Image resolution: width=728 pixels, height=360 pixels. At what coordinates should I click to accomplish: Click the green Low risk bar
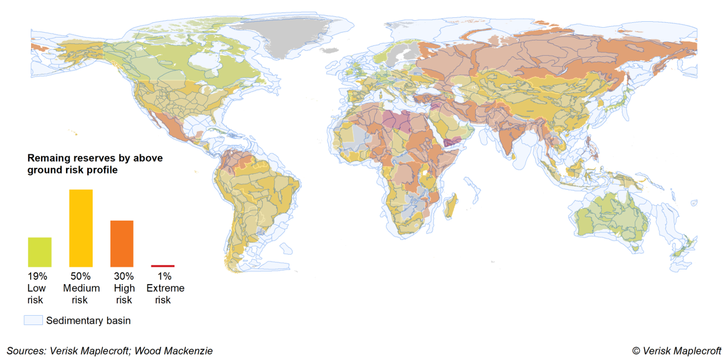(40, 251)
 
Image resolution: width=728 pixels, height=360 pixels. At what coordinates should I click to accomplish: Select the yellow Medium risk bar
(81, 228)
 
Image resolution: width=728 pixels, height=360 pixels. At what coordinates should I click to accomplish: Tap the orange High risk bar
(122, 243)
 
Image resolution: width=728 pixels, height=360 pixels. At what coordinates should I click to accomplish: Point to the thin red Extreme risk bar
(163, 266)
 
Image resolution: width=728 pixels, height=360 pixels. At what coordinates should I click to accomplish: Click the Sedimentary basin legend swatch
(33, 320)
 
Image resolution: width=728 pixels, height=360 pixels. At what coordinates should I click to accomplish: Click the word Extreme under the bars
(166, 288)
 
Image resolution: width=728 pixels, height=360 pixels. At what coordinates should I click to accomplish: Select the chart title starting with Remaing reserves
(95, 164)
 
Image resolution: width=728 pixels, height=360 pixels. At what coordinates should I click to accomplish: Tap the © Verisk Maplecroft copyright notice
(676, 351)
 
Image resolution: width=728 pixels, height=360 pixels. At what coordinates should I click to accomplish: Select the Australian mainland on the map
(611, 218)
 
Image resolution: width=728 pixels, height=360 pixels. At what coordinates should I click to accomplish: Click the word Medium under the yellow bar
(81, 288)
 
